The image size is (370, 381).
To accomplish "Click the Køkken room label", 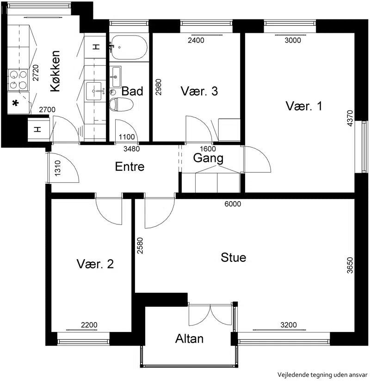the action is point(55,71).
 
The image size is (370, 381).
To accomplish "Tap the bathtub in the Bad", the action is point(129,48).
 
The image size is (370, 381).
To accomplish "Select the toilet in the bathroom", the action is point(121,104).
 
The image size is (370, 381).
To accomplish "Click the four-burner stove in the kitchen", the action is point(18,80).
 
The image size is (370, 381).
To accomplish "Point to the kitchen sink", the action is point(94,91).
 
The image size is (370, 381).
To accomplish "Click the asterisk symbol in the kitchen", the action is point(15,104).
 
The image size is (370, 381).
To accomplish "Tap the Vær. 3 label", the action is point(199,91).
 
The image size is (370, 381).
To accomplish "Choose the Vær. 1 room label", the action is point(304,106).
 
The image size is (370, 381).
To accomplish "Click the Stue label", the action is point(233,258).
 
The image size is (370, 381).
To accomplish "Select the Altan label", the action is point(189,339).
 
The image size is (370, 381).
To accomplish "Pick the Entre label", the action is point(129,167).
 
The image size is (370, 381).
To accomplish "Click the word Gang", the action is point(208,158).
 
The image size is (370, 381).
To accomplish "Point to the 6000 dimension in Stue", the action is point(233,204).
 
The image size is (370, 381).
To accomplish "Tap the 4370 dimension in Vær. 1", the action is point(350,118).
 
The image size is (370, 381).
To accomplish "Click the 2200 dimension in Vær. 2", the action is point(89,325).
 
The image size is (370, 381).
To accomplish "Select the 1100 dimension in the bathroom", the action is point(127,137).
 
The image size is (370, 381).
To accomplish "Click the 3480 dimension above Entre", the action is point(131,149).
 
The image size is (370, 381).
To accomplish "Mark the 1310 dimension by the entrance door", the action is point(57,168).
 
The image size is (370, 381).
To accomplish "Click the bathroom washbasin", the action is point(115,77).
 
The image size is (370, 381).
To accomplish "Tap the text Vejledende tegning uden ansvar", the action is point(322,375).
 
